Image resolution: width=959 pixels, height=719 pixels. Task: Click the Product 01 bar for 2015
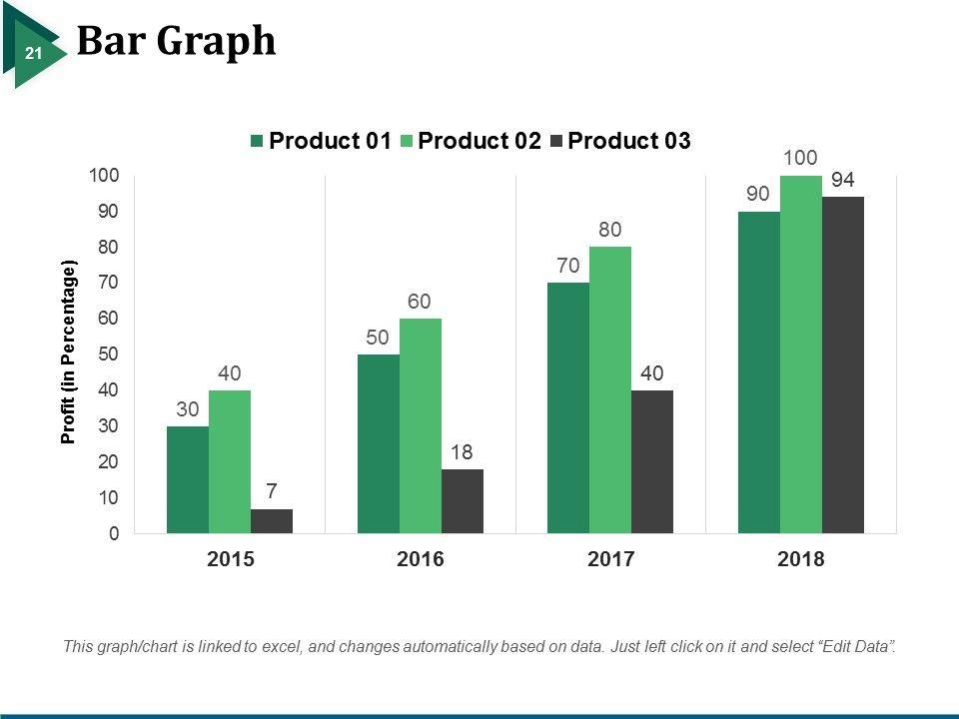(188, 480)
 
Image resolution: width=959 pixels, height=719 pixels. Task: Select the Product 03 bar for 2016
(463, 501)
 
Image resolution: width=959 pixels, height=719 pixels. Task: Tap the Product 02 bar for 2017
(610, 390)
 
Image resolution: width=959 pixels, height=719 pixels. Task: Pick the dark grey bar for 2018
(843, 365)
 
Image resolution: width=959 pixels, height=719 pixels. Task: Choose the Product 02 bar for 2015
(230, 462)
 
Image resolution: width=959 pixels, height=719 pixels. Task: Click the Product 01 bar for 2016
(379, 444)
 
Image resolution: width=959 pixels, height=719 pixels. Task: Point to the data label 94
(843, 180)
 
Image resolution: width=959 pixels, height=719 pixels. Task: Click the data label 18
(461, 452)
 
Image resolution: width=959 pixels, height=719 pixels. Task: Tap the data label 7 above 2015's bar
(272, 492)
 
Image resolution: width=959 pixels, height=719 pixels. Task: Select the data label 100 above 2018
(801, 158)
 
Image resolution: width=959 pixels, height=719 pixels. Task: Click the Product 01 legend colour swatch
(257, 142)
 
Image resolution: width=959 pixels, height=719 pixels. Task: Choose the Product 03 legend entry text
(628, 141)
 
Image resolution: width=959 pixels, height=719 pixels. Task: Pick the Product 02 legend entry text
(479, 141)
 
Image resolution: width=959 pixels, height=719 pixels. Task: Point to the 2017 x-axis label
(610, 560)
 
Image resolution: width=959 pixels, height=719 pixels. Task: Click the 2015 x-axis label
(230, 560)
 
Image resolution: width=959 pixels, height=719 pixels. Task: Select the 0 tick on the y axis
(114, 534)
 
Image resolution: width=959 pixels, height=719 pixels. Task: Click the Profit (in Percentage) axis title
(69, 353)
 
